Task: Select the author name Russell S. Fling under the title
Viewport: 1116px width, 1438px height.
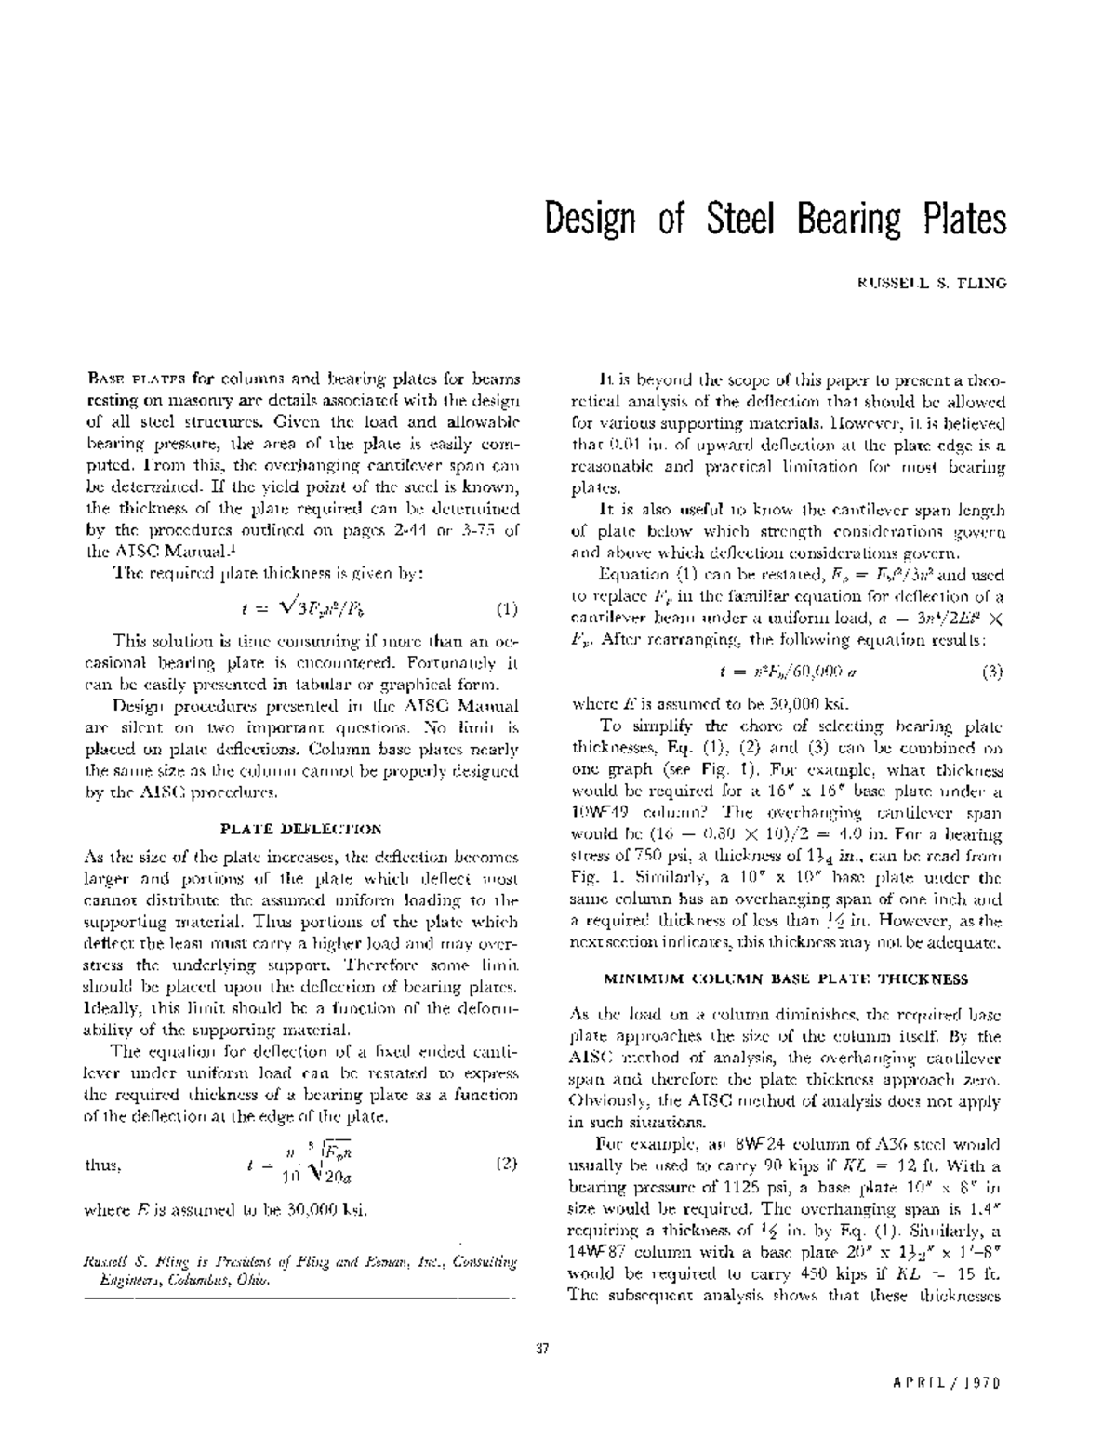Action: pos(932,283)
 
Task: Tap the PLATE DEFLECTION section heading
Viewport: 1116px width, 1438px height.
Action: pos(300,828)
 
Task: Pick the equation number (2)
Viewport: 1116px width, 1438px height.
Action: pos(505,1164)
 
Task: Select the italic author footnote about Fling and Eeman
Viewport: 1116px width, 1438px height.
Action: pos(299,1271)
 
